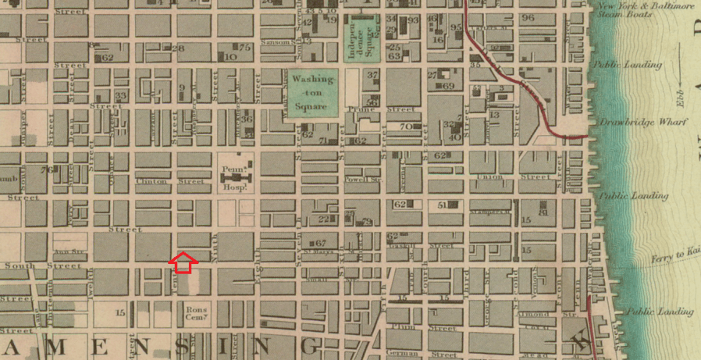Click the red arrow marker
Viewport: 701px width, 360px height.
tap(182, 262)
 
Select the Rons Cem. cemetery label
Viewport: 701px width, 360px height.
tap(195, 314)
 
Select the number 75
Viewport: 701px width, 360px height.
tap(245, 48)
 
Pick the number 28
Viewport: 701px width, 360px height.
tap(178, 48)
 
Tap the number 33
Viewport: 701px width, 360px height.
tap(119, 96)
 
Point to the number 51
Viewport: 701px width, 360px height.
tap(443, 205)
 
